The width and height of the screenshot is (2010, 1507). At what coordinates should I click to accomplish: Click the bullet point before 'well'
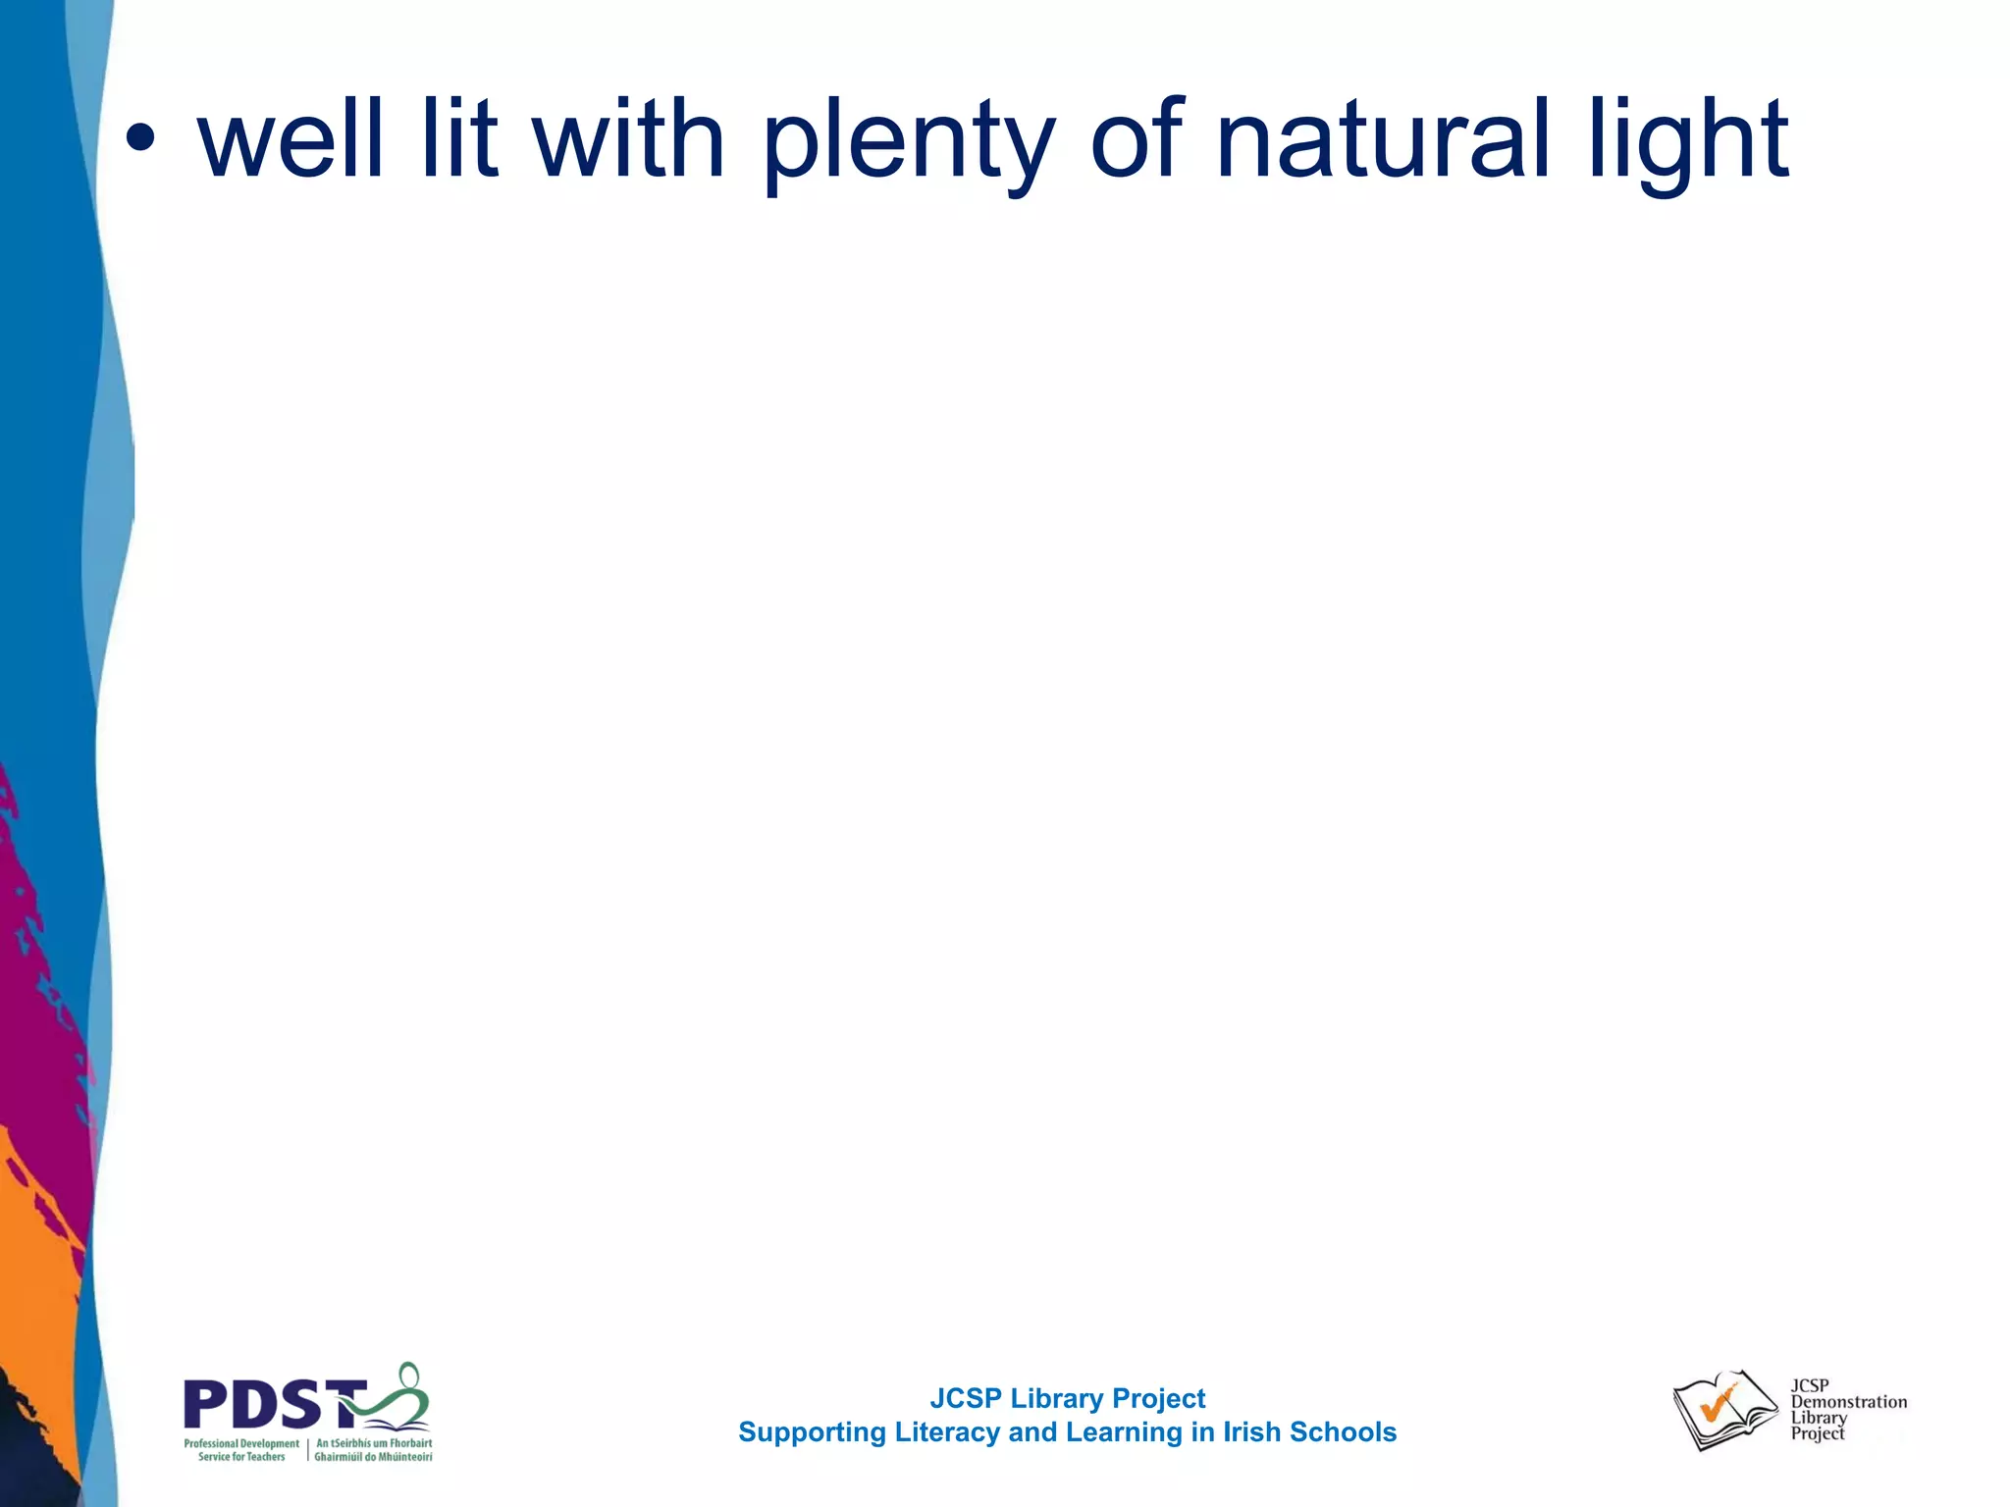(140, 139)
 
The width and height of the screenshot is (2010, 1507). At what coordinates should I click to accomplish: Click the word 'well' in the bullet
(291, 139)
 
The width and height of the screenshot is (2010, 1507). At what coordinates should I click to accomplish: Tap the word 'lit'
(459, 139)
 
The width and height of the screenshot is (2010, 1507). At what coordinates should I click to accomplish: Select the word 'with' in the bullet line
(628, 139)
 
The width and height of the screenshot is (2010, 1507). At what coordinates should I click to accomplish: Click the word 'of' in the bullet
(1137, 139)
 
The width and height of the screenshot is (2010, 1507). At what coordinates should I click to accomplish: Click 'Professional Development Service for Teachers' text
(241, 1450)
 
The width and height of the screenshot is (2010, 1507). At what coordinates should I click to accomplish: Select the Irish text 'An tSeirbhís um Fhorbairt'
(374, 1443)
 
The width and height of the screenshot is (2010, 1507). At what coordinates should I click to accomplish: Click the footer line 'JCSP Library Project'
(1067, 1398)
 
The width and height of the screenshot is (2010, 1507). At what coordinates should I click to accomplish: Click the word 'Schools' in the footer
(1343, 1432)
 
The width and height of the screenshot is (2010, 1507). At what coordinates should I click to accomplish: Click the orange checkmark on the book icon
(1718, 1405)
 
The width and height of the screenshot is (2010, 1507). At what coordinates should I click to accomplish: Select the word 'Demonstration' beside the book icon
(1848, 1402)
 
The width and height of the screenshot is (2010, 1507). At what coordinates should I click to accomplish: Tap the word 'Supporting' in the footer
(812, 1433)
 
